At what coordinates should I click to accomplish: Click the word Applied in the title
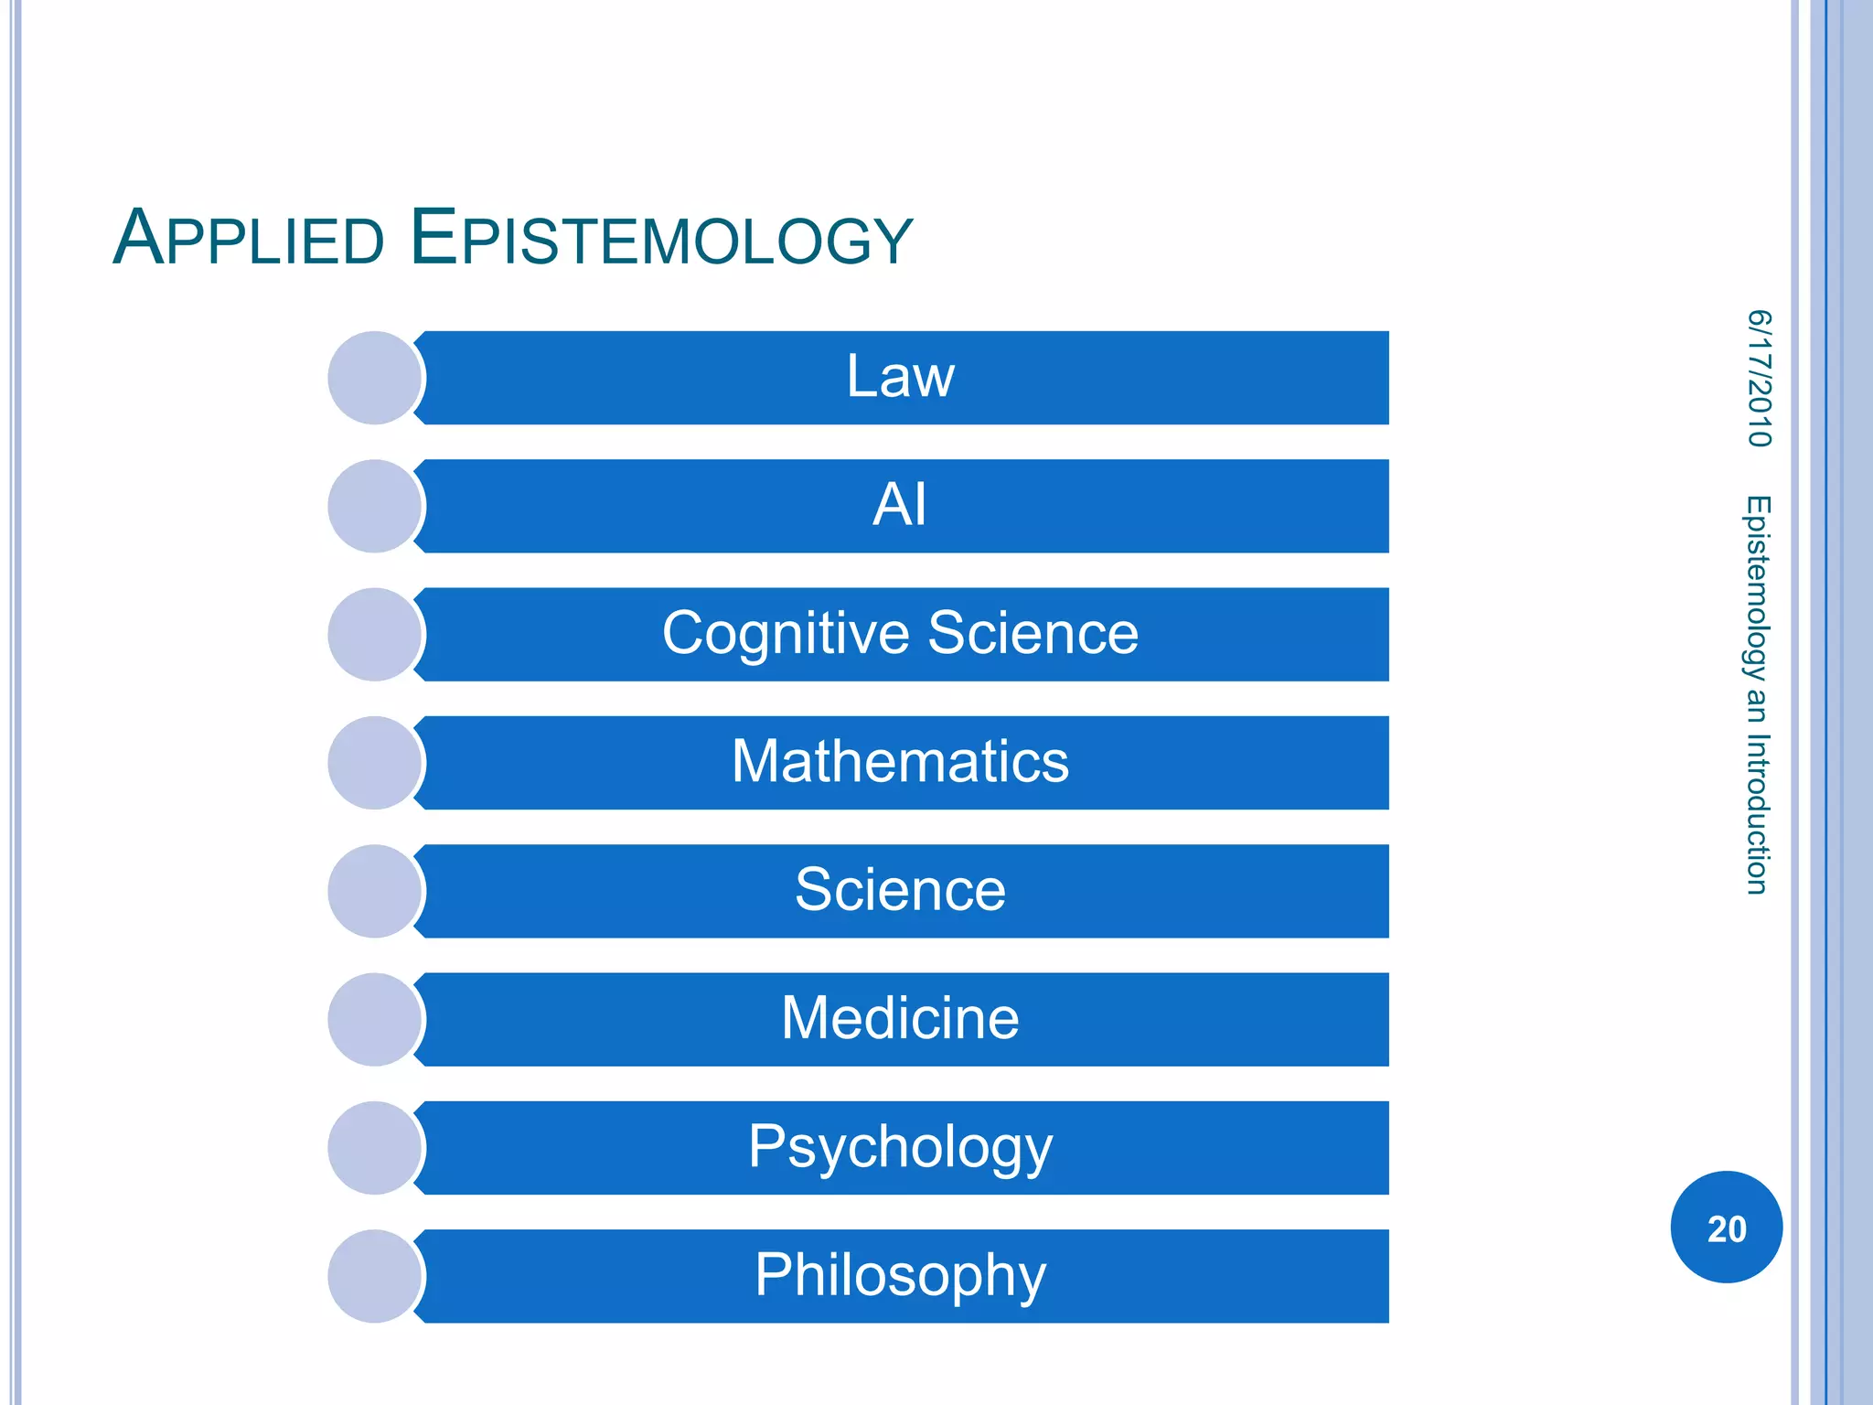coord(248,239)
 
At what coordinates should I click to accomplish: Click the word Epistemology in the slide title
coord(660,239)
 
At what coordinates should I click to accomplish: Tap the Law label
coord(900,377)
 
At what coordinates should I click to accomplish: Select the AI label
coord(900,505)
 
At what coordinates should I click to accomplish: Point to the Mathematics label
coord(900,762)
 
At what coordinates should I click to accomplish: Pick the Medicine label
coord(900,1018)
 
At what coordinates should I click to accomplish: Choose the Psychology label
coord(900,1147)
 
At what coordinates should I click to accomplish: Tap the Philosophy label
coord(900,1275)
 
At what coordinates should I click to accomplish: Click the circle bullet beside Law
coord(374,378)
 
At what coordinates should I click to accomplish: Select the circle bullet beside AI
coord(374,506)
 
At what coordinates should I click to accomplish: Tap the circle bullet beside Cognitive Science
coord(374,634)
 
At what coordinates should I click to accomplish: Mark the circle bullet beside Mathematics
coord(374,763)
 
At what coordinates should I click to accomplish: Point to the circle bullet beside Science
coord(374,891)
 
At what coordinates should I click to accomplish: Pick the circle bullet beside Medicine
coord(374,1019)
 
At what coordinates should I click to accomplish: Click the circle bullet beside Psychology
coord(374,1148)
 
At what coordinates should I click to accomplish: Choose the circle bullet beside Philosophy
coord(374,1276)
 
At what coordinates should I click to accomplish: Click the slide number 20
coord(1726,1228)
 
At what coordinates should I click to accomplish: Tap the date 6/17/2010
coord(1759,379)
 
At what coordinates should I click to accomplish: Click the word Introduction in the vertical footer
coord(1757,813)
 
